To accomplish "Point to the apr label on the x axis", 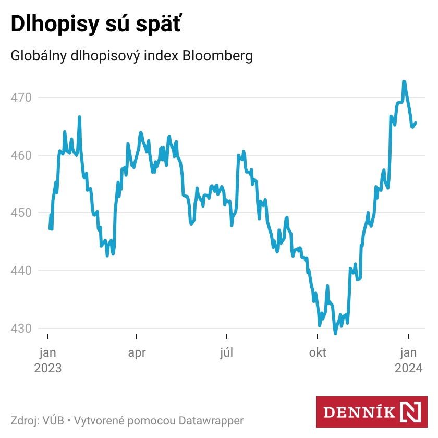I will tap(137, 353).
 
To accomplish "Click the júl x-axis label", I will tap(226, 353).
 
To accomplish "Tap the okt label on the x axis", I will tap(318, 353).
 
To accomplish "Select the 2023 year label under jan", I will tap(48, 368).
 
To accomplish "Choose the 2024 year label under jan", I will tap(408, 368).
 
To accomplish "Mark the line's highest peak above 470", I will tap(404, 81).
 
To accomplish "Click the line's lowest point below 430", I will tap(335, 333).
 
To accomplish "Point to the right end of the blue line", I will tap(416, 123).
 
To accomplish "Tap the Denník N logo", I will tap(372, 412).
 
